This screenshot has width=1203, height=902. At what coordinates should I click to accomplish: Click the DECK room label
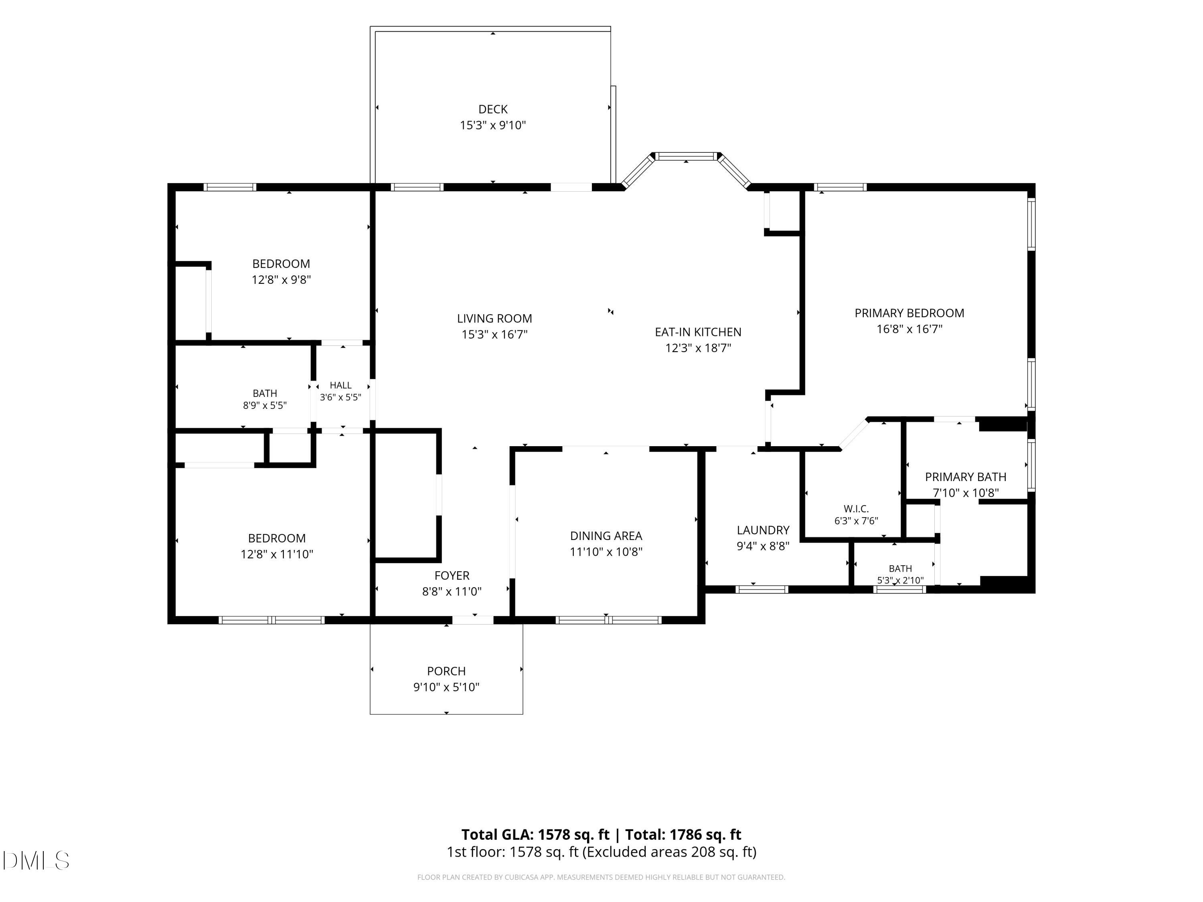pyautogui.click(x=493, y=109)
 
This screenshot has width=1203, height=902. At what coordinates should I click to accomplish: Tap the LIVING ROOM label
pyautogui.click(x=494, y=319)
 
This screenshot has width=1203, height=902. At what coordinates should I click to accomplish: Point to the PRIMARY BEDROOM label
pyautogui.click(x=909, y=313)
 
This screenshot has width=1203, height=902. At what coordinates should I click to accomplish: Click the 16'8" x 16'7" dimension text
pyautogui.click(x=909, y=329)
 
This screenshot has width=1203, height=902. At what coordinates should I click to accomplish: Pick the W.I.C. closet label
pyautogui.click(x=856, y=509)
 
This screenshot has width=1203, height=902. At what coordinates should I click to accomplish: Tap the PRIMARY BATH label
pyautogui.click(x=965, y=477)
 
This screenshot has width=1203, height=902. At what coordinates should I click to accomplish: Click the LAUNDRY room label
pyautogui.click(x=763, y=530)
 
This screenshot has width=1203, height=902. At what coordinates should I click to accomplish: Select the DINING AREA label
pyautogui.click(x=606, y=536)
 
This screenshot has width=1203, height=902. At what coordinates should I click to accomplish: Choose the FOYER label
pyautogui.click(x=452, y=575)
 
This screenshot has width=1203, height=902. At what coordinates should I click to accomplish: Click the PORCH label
pyautogui.click(x=446, y=671)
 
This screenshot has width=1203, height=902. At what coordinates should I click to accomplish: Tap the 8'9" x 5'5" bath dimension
pyautogui.click(x=265, y=405)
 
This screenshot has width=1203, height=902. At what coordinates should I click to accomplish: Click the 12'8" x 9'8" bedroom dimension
pyautogui.click(x=281, y=279)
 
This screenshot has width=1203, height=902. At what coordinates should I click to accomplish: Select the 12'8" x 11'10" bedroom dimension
pyautogui.click(x=277, y=554)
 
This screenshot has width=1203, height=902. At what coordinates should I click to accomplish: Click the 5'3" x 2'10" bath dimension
pyautogui.click(x=900, y=580)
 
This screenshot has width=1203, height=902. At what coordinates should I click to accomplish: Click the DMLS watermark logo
pyautogui.click(x=36, y=860)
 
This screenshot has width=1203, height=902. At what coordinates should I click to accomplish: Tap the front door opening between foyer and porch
pyautogui.click(x=473, y=620)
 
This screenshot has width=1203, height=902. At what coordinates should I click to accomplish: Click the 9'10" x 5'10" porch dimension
pyautogui.click(x=446, y=687)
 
